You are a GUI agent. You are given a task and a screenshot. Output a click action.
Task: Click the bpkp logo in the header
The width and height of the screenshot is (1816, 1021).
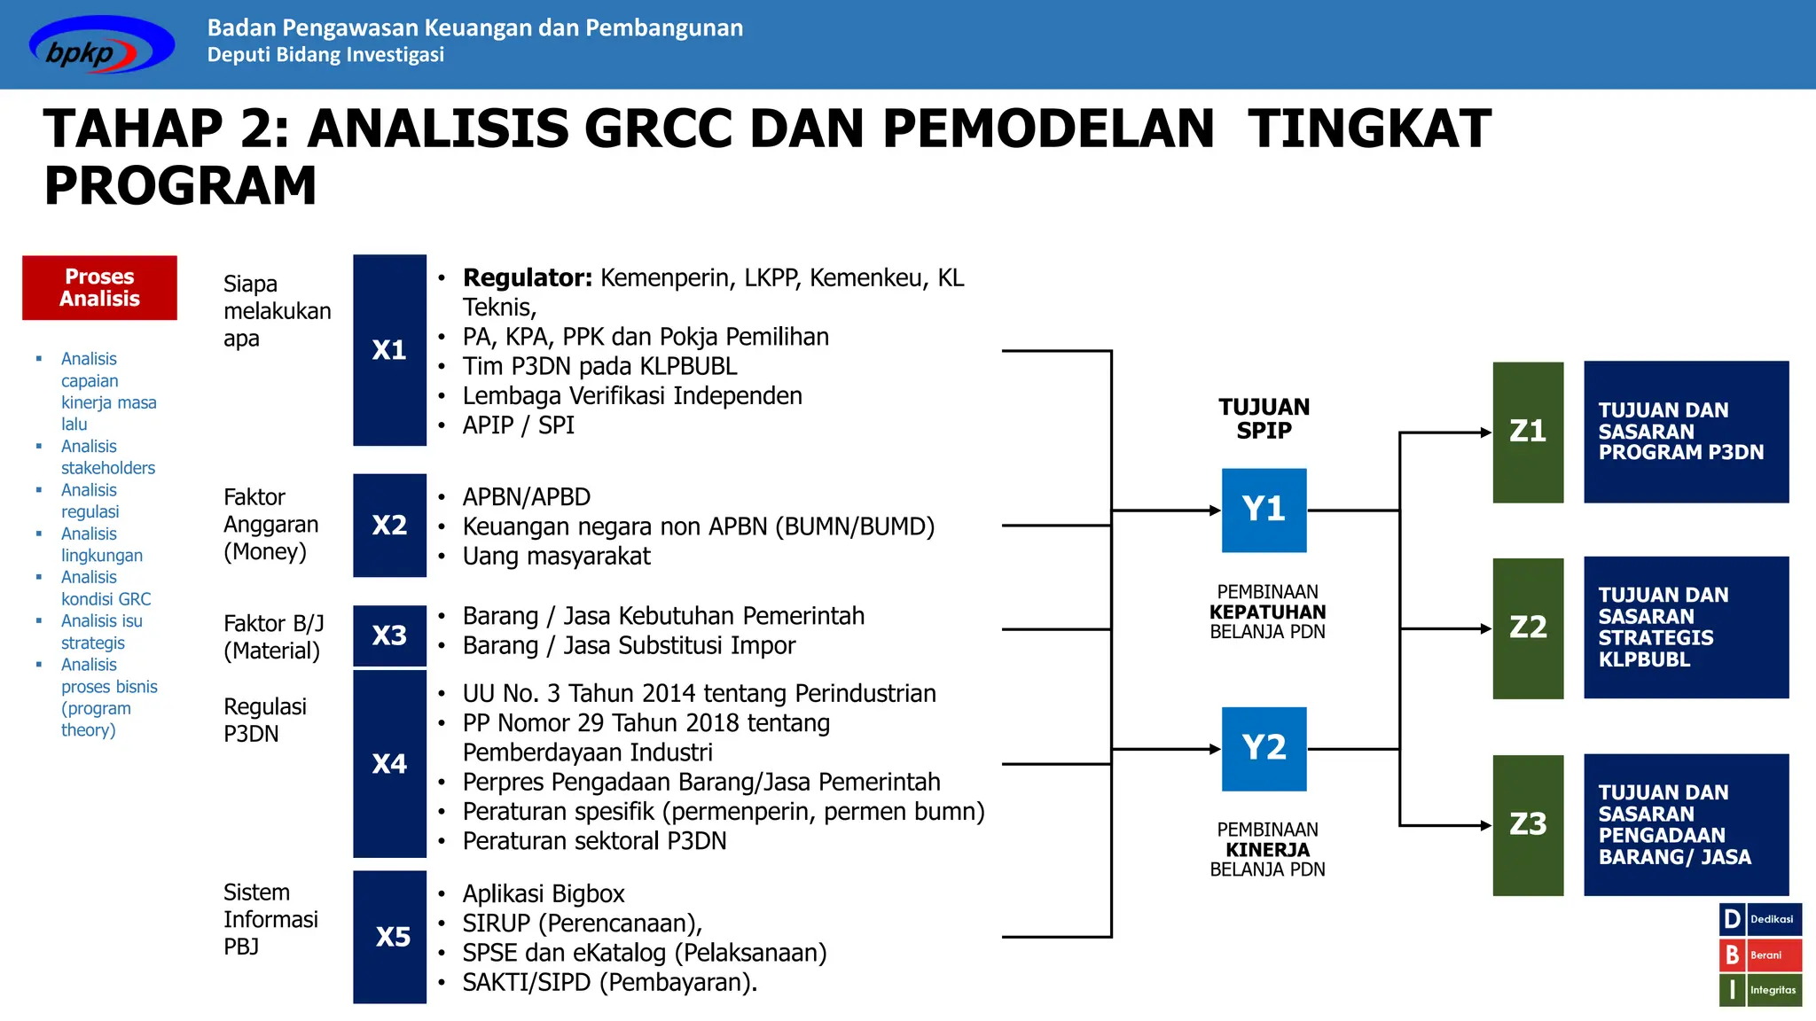pos(100,46)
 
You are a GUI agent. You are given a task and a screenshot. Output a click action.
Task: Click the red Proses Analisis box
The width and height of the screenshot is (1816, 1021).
pos(99,288)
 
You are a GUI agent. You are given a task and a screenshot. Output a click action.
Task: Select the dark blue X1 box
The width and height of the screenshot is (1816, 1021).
pos(389,350)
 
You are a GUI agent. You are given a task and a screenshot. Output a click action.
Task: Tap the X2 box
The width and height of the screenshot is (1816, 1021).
pos(389,526)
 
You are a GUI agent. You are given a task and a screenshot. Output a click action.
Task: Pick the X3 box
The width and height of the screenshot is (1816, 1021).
pos(389,635)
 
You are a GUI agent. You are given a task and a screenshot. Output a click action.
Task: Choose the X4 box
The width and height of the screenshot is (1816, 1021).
pos(389,764)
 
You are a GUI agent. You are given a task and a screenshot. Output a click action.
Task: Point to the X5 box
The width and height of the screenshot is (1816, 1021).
pos(389,937)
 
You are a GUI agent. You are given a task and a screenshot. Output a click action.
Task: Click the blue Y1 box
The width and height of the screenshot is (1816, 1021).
pos(1264,510)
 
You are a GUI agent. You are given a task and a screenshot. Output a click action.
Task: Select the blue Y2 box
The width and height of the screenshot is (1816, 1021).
pos(1264,749)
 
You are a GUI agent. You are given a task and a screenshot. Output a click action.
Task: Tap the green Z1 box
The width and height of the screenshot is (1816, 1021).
pos(1528,433)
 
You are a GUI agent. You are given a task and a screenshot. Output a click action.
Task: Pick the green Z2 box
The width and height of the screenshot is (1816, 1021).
pos(1528,628)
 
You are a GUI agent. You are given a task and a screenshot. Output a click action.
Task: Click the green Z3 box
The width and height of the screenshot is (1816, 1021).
pos(1528,825)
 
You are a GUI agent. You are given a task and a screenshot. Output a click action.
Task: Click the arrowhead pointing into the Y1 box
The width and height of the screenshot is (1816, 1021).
pos(1215,510)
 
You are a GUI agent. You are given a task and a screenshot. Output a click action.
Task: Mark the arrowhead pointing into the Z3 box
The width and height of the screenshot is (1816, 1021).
pos(1486,825)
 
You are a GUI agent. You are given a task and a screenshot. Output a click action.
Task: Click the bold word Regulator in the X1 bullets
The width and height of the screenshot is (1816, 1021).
pos(527,278)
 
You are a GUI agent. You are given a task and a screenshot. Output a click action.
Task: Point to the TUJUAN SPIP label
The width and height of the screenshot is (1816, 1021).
pos(1264,419)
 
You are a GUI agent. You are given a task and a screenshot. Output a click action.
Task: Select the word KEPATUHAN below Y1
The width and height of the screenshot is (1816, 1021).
pos(1267,612)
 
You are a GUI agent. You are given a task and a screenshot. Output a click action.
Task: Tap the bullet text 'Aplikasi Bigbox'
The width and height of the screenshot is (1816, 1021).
pos(544,893)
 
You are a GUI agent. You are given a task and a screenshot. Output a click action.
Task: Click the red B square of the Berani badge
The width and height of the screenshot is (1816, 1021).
pos(1732,955)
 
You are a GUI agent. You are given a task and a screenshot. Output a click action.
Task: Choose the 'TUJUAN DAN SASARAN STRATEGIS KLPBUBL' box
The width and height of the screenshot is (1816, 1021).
pos(1686,627)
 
